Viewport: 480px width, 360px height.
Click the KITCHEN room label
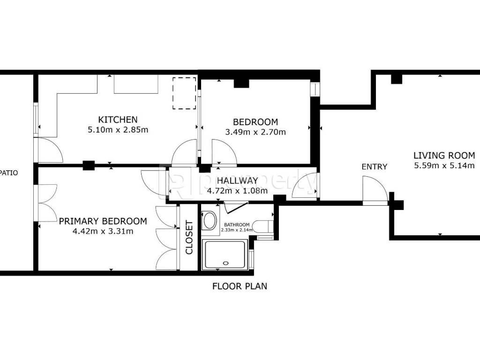[x=118, y=120]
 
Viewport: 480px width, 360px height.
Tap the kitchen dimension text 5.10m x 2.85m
[x=118, y=130]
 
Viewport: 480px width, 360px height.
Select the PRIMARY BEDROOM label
[x=103, y=221]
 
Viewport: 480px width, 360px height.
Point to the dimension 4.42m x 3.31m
[x=103, y=231]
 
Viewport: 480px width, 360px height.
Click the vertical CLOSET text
[x=189, y=238]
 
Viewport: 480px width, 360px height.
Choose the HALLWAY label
[x=237, y=180]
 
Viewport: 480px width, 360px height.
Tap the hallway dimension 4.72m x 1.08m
[x=237, y=191]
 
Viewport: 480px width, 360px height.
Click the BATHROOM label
[x=237, y=225]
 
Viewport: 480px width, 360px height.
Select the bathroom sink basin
[x=210, y=220]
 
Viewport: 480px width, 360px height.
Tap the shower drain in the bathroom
[x=226, y=263]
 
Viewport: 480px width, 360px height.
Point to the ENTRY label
[x=375, y=167]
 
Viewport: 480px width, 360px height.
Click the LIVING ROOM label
[x=444, y=156]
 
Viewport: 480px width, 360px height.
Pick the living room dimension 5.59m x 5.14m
[x=444, y=165]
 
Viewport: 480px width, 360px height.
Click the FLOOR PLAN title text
[x=240, y=286]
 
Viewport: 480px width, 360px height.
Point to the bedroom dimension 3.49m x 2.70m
[x=255, y=132]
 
